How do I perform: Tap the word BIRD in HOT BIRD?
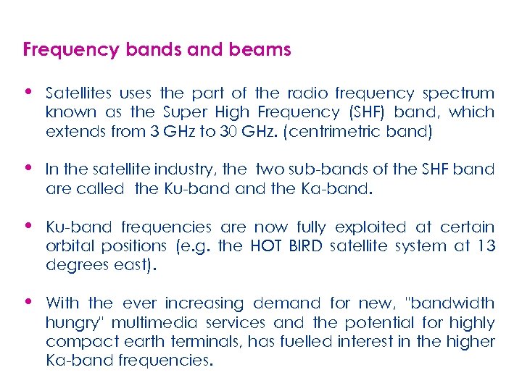[x=305, y=246]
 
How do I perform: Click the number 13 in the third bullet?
[x=486, y=246]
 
